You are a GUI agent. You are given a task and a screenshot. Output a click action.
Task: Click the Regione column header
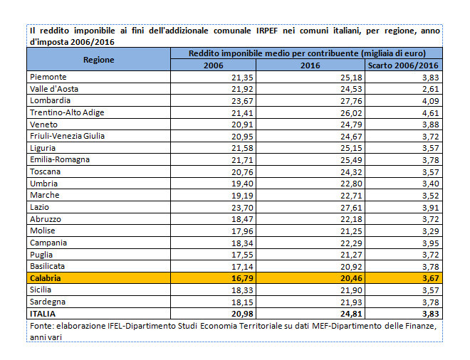pos(98,60)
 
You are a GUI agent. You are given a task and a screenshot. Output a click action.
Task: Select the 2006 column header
pos(214,65)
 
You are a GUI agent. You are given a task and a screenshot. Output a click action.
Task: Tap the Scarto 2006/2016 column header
pos(403,65)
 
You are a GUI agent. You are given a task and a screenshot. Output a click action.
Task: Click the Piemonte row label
pos(48,77)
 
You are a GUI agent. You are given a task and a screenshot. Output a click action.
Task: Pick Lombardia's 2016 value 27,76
pos(351,101)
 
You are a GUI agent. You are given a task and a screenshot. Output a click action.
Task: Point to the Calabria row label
pos(46,278)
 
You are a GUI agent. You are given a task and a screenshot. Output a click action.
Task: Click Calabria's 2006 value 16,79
pos(242,278)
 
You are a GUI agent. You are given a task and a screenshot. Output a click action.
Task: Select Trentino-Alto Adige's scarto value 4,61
pos(431,113)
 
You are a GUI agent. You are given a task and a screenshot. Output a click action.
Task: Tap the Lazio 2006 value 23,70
pos(242,207)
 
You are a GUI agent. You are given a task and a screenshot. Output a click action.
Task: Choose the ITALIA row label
pos(43,314)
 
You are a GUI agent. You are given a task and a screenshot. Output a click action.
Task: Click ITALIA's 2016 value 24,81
pos(351,314)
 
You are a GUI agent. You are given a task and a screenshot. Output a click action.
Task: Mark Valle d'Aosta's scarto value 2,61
pos(431,89)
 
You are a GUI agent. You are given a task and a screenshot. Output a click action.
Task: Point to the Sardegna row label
pos(48,302)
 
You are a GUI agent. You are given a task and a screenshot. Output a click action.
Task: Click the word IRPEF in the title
pos(267,31)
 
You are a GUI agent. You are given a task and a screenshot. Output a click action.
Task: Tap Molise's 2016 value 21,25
pos(351,231)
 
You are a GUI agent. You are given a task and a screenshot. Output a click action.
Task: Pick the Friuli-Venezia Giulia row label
pos(67,137)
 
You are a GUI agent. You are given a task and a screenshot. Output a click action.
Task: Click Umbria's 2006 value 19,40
pos(242,184)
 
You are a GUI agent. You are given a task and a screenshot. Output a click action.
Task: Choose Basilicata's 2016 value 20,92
pos(351,267)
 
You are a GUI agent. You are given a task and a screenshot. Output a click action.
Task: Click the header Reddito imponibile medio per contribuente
pos(273,53)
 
